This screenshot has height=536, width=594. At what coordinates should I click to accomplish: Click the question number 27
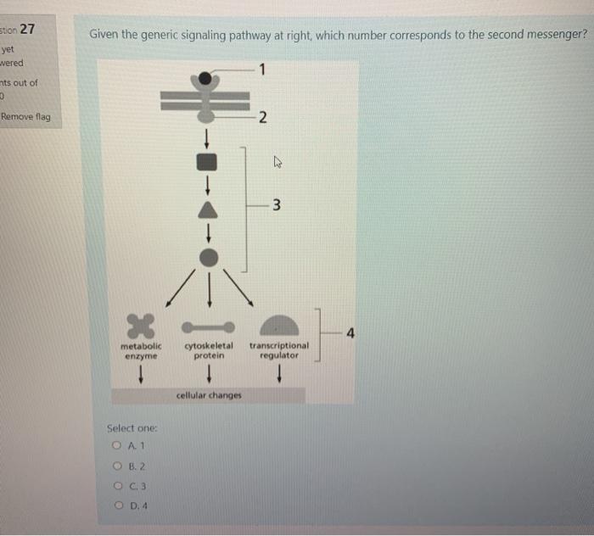(x=27, y=29)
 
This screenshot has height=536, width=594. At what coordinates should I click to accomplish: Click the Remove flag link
(x=25, y=116)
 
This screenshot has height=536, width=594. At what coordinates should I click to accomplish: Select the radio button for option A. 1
(x=115, y=444)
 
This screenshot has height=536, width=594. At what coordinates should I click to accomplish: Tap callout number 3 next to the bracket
(x=276, y=204)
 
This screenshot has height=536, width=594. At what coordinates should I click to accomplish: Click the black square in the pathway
(x=208, y=161)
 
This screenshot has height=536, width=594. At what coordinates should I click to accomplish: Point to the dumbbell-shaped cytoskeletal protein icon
(x=208, y=327)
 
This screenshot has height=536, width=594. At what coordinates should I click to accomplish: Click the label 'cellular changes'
(x=209, y=395)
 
